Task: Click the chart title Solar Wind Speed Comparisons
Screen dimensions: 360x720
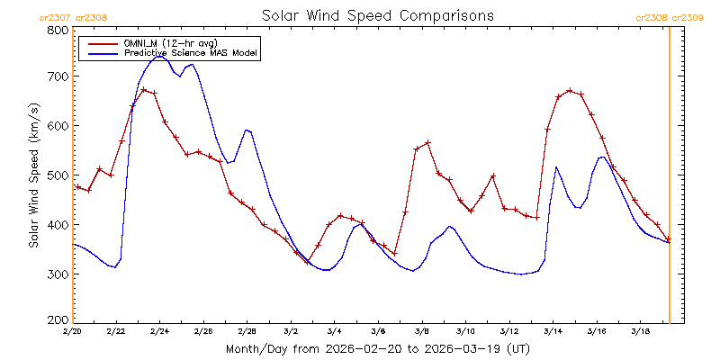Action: pyautogui.click(x=377, y=15)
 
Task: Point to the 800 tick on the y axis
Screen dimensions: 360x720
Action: pyautogui.click(x=58, y=31)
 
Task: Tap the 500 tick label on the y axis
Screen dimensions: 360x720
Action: pyautogui.click(x=58, y=175)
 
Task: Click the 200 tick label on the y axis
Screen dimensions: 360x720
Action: pyautogui.click(x=58, y=319)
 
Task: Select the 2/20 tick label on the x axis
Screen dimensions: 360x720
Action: pyautogui.click(x=72, y=332)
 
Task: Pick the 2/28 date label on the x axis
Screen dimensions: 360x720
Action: pyautogui.click(x=247, y=332)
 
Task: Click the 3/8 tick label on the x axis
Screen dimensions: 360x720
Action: pyautogui.click(x=421, y=332)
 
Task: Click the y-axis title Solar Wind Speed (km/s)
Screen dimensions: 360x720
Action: pyautogui.click(x=34, y=175)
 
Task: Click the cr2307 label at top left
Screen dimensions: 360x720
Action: pyautogui.click(x=52, y=16)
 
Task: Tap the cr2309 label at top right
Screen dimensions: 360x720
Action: pyautogui.click(x=688, y=16)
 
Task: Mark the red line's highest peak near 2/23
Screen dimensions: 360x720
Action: pyautogui.click(x=144, y=89)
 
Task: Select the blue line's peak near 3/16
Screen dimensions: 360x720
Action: pyautogui.click(x=602, y=157)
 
